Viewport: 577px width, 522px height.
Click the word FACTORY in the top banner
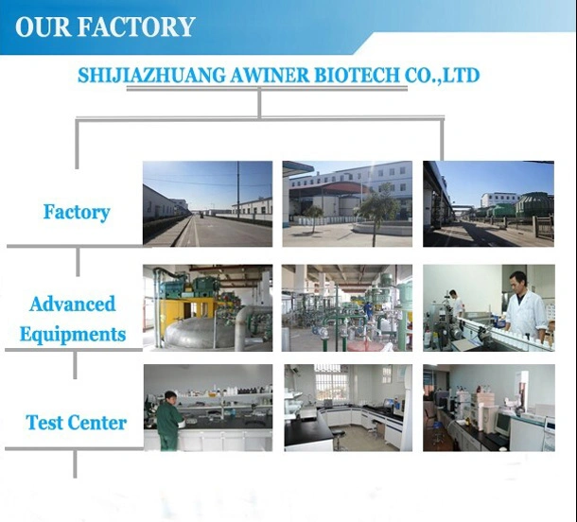point(136,26)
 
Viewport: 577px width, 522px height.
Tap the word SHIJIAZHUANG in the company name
point(151,76)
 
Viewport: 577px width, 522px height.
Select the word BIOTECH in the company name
point(357,76)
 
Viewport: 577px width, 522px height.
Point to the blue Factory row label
point(77,213)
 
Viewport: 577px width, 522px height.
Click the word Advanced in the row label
point(73,304)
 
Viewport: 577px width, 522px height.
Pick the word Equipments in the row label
point(73,335)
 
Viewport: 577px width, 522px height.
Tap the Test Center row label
point(77,423)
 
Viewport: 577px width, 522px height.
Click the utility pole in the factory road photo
point(238,190)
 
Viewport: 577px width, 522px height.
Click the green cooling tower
point(534,204)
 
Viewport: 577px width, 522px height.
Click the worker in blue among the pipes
point(368,311)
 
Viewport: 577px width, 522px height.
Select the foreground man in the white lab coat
point(525,308)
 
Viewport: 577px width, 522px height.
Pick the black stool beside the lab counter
point(339,437)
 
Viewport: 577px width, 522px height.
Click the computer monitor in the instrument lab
point(501,424)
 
